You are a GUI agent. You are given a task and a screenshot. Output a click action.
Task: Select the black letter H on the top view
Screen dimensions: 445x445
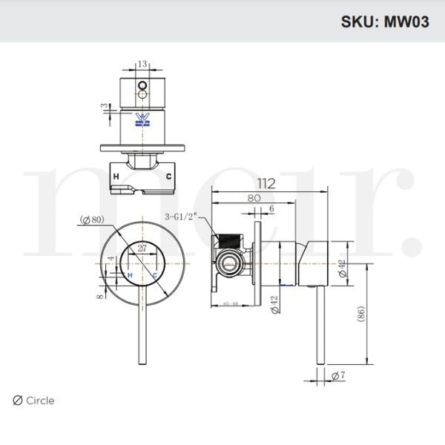tap(116, 177)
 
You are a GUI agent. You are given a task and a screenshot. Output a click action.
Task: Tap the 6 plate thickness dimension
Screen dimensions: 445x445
tap(271, 209)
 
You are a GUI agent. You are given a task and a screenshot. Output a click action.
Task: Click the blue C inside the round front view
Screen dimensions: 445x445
tap(154, 274)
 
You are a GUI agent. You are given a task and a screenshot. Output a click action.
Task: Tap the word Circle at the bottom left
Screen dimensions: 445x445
tap(40, 400)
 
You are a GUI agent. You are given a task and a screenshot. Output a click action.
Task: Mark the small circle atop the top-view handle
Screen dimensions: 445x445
tap(142, 94)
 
